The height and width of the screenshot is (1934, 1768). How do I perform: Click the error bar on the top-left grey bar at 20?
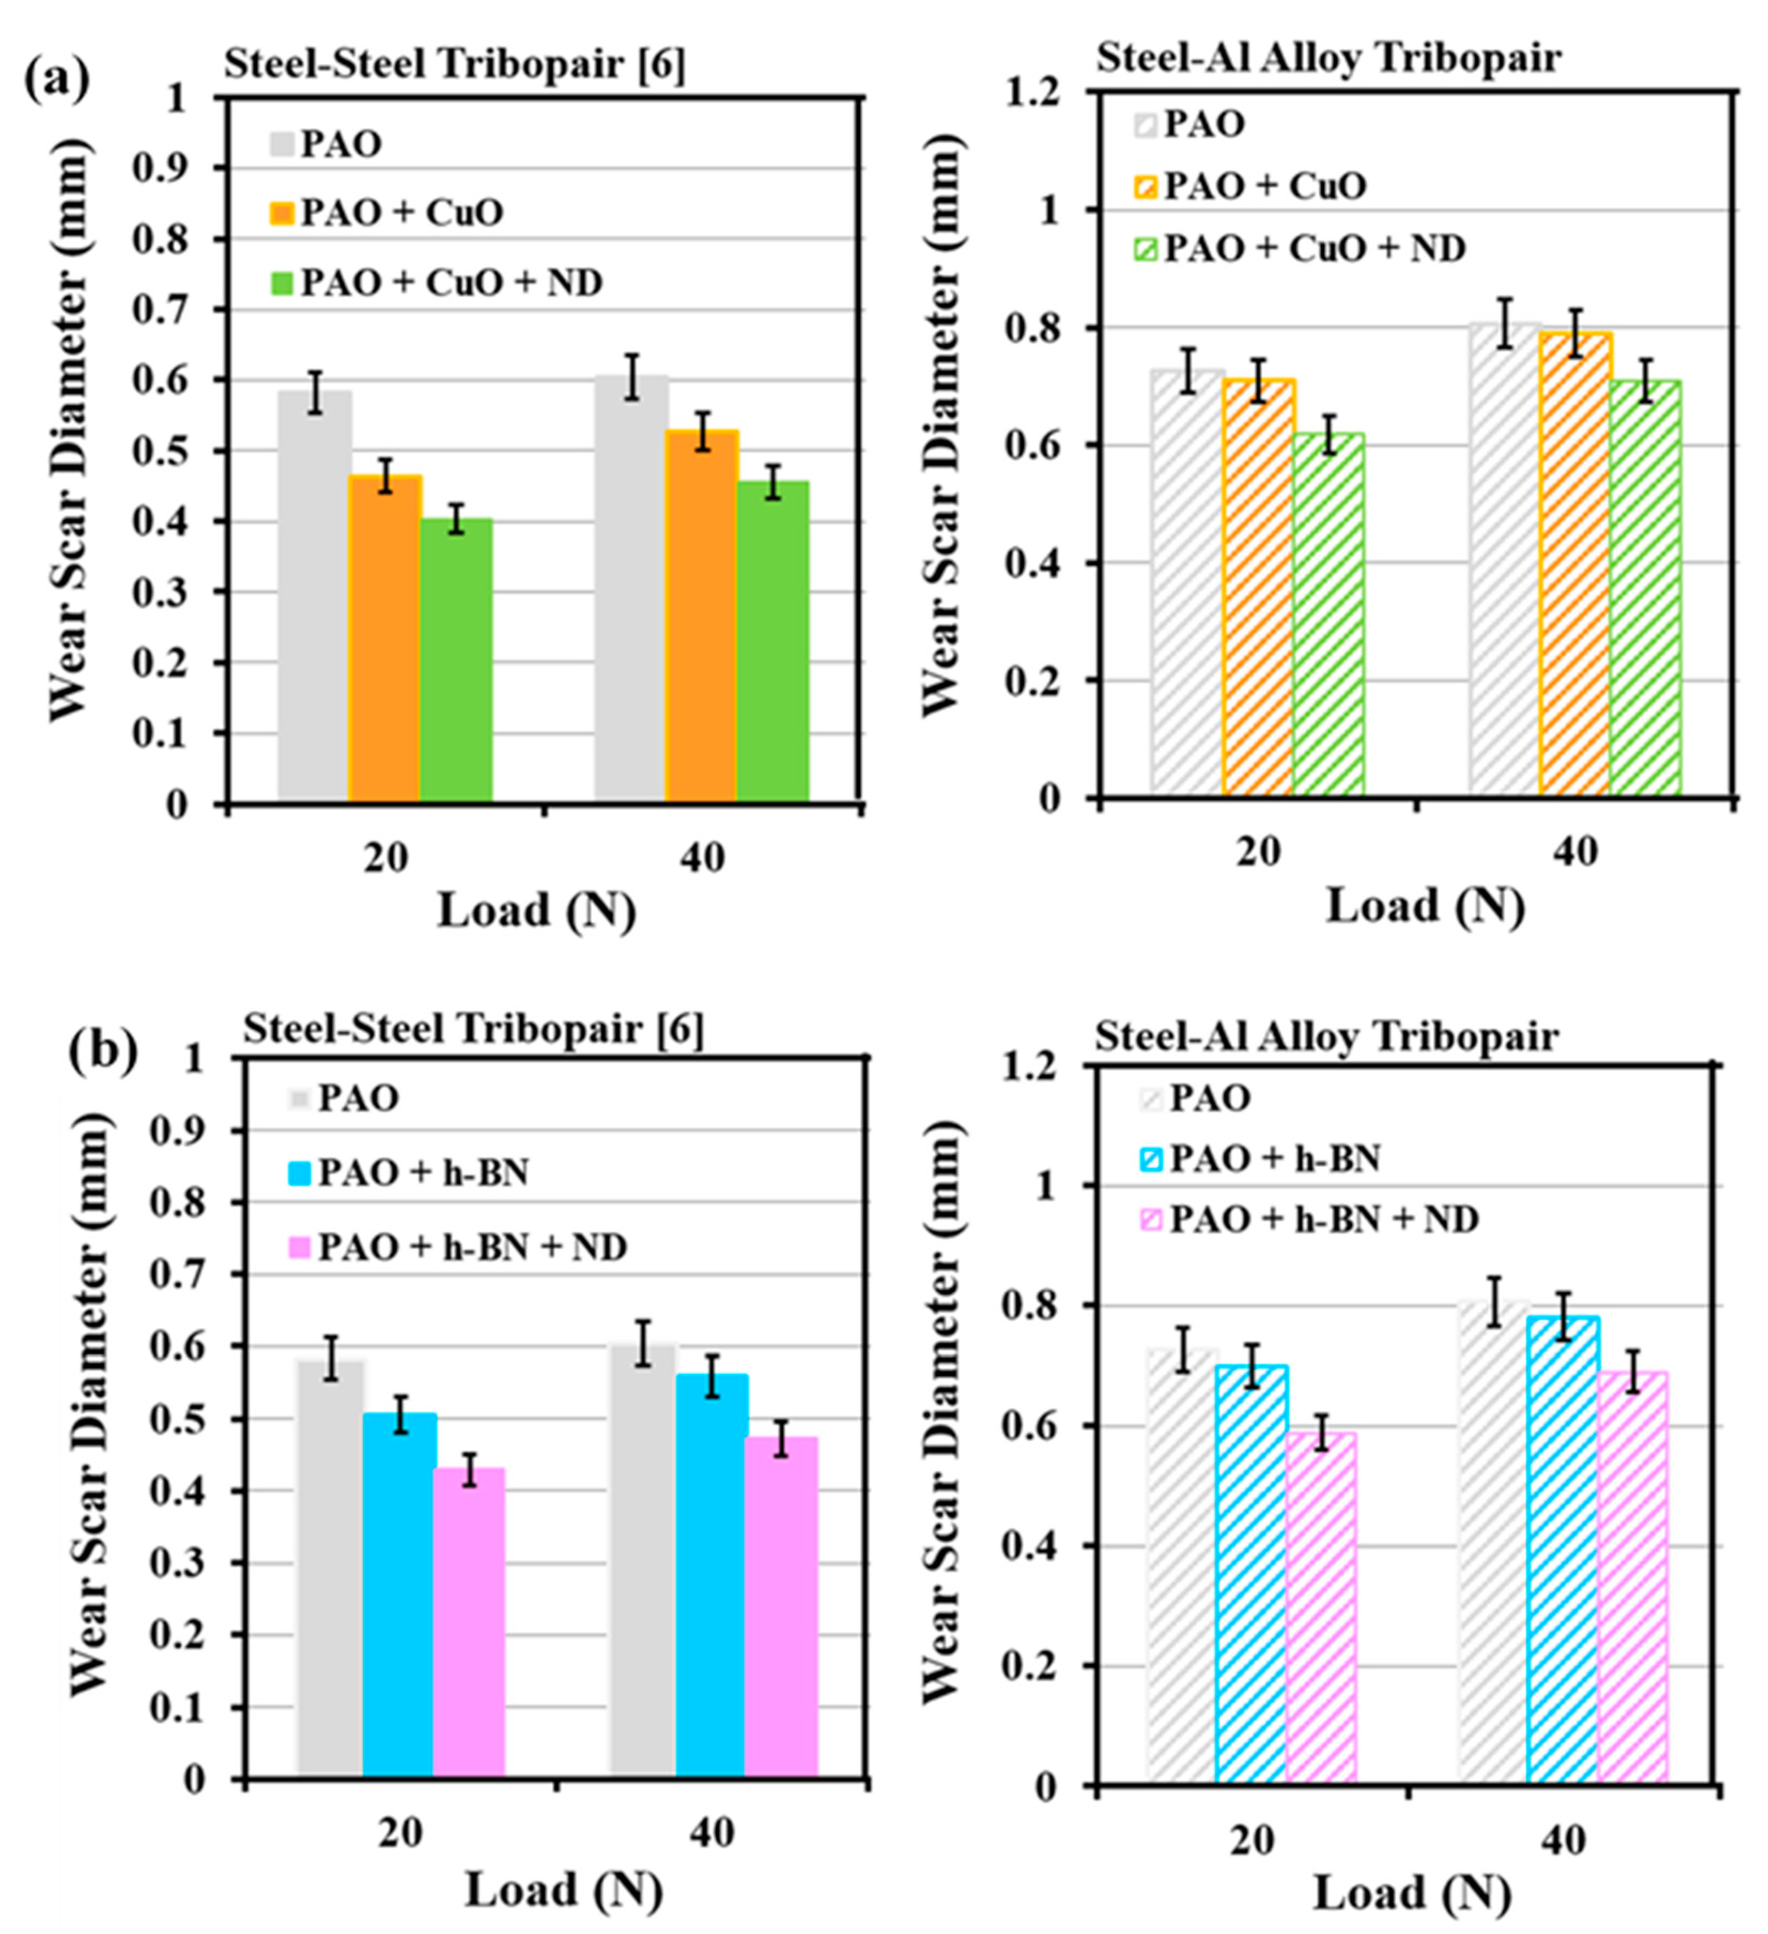(x=315, y=391)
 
